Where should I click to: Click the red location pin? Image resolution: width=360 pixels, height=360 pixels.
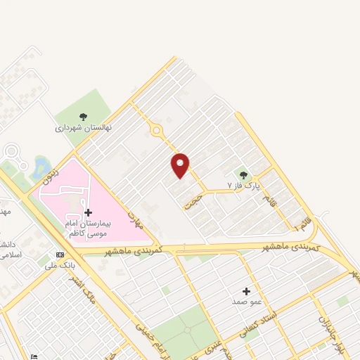[x=181, y=165]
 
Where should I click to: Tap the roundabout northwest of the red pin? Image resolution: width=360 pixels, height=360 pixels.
[x=155, y=131]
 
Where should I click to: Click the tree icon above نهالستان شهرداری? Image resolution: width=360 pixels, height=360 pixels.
[x=84, y=117]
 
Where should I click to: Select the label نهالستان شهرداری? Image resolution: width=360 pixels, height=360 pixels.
[x=84, y=129]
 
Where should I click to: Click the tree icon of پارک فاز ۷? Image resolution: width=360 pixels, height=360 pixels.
[x=244, y=175]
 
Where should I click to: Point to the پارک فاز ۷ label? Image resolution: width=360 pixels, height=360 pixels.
[x=243, y=186]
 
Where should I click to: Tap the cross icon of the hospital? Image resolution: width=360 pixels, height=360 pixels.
[x=88, y=212]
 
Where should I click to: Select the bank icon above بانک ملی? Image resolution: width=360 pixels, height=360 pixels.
[x=60, y=255]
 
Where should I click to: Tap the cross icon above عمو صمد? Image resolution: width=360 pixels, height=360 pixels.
[x=246, y=290]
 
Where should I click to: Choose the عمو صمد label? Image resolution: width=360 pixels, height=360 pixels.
[x=246, y=301]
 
